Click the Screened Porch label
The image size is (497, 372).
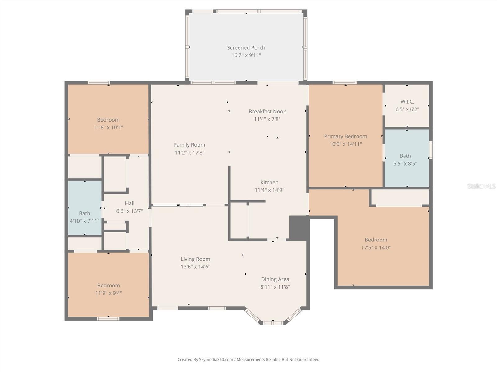tap(246, 47)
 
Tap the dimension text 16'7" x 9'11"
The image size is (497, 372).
tap(246, 55)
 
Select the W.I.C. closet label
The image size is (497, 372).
tap(407, 102)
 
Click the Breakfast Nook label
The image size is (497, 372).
tap(267, 111)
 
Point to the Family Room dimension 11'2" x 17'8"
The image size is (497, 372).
tap(189, 153)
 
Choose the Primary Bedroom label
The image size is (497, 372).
tap(345, 136)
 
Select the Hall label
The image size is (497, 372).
tap(130, 203)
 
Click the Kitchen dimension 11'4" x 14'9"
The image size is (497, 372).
tap(269, 190)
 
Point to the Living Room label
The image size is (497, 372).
tap(195, 259)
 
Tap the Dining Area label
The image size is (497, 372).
tap(275, 279)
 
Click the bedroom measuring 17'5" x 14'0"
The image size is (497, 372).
tap(376, 243)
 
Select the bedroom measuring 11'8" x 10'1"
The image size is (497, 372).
tap(108, 123)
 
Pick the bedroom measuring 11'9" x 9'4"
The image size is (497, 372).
tap(108, 289)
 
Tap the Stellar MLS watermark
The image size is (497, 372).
tap(481, 186)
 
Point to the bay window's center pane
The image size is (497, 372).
tap(273, 323)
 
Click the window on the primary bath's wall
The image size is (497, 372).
tap(431, 150)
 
